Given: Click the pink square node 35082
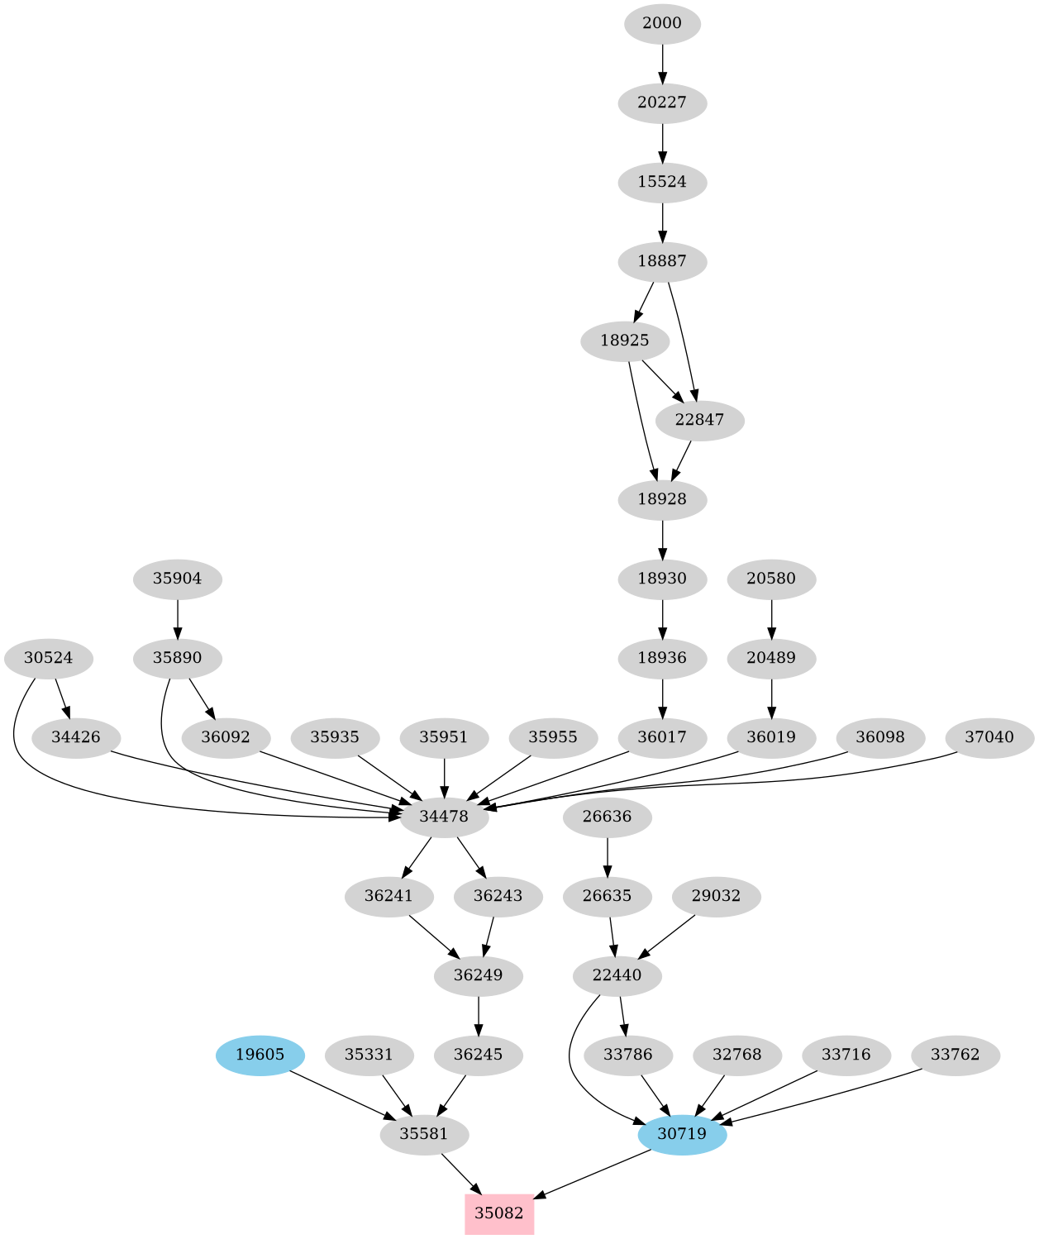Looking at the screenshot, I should pos(499,1213).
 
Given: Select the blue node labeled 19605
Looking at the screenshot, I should pos(260,1055).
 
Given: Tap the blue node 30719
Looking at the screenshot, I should pos(682,1134).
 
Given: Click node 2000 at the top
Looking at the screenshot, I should pos(662,23).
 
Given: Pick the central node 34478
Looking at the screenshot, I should pos(444,817).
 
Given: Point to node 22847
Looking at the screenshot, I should pos(699,420).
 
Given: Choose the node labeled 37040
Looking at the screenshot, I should pos(989,737).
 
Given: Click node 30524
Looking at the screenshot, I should pos(48,659).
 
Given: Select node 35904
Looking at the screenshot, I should pos(178,579).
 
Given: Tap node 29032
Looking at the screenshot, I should pos(716,896).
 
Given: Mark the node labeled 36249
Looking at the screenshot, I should pos(479,975).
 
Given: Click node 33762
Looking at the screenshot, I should pos(955,1055).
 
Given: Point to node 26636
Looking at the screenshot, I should pos(608,817).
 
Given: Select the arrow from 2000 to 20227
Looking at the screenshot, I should pos(662,63).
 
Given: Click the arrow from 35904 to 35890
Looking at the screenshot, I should pos(178,618).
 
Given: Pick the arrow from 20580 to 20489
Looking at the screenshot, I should pos(771,618).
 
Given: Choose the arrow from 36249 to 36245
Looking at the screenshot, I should pos(479,1015).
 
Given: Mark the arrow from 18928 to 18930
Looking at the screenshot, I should pos(662,539).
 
